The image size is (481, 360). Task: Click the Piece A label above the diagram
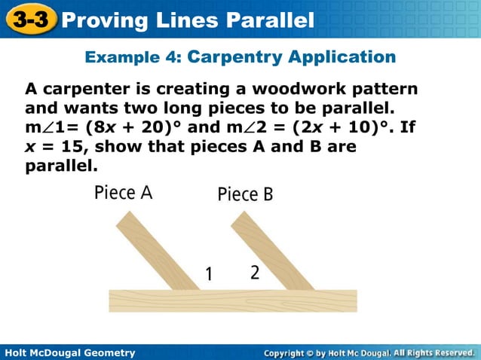(x=124, y=193)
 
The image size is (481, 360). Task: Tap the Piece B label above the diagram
(x=245, y=194)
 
